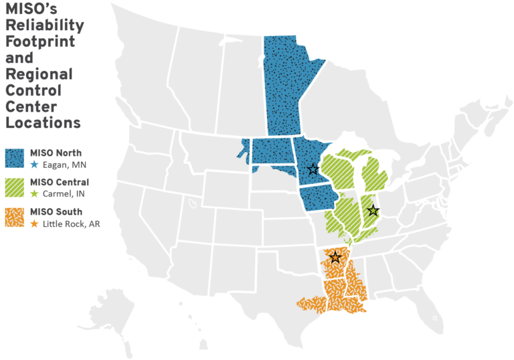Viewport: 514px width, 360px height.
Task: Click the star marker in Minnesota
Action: [312, 169]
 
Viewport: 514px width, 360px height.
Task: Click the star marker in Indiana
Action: [373, 211]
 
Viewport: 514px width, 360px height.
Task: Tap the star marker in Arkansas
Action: [335, 257]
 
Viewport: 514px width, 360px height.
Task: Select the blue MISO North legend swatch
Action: [15, 158]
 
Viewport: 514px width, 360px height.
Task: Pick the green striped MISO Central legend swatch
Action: [15, 187]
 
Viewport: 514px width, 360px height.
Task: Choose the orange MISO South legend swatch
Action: [15, 217]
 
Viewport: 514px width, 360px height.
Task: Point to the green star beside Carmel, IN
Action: [34, 194]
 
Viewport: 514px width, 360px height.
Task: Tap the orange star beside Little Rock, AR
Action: [34, 224]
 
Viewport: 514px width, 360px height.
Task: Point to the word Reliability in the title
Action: [44, 25]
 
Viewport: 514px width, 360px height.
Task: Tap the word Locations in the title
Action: [43, 122]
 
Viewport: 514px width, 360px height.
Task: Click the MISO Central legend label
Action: [60, 182]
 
